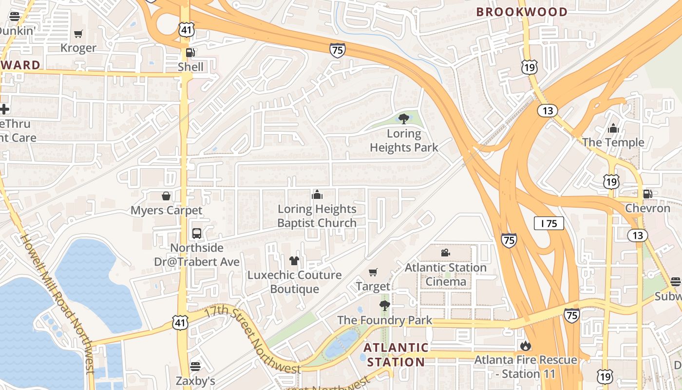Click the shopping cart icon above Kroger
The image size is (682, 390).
coord(78,34)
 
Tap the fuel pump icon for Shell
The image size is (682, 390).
coord(190,53)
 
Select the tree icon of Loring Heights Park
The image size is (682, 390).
coord(403,118)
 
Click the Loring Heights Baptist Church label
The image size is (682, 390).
coord(317,216)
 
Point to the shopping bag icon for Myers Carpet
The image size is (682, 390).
coord(166,196)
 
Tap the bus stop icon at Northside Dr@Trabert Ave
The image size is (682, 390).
coord(197,233)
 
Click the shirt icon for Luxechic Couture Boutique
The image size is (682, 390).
coord(294,261)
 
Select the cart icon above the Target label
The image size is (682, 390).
coord(373,272)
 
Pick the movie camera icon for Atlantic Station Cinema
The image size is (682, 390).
coord(445,253)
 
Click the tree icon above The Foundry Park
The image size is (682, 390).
coord(385,306)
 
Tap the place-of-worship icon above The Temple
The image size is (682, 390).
coord(613,128)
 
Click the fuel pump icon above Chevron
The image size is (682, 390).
coord(647,194)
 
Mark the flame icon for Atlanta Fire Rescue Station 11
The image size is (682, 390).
coord(525,346)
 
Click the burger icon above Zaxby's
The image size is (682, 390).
coord(195,366)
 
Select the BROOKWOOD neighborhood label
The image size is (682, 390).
coord(522,12)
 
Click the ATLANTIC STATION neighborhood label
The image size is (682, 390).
coord(396,354)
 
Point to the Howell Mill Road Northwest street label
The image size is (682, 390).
coord(57,302)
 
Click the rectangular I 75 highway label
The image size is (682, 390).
coord(549,223)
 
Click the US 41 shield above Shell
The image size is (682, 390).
coord(187,30)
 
